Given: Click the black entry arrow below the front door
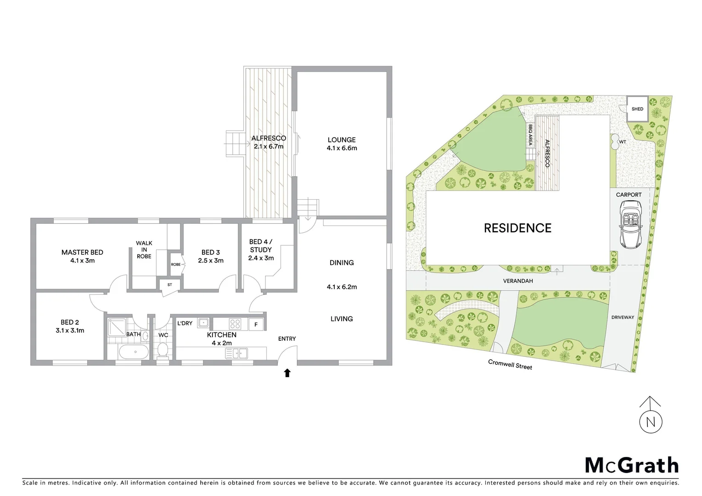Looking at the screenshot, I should coord(287,373).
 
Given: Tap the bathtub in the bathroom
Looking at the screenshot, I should coord(134,353).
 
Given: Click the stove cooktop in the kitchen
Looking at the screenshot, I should coord(235,324).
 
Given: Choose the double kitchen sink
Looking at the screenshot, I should coord(236,353).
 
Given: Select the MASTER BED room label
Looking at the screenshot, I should coord(82,256).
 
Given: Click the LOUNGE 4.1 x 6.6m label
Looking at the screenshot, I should coord(342,144).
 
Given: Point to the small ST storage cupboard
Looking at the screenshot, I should coord(169,285).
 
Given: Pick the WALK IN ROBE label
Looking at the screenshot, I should coord(144,249).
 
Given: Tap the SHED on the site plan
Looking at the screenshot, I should coord(637,109).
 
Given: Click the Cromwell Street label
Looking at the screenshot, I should coord(510,365).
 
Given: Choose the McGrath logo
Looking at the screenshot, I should coord(631,465).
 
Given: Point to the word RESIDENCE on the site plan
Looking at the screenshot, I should coord(517,228).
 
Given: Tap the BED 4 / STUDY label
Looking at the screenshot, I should coord(260,250).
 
